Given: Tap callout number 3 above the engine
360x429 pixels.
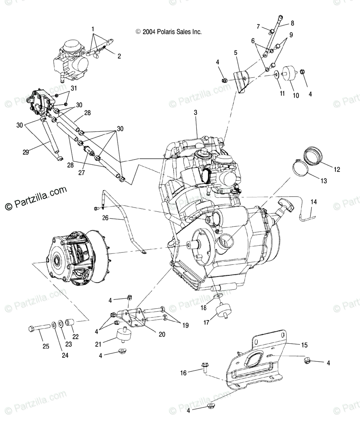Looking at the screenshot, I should coord(195,112).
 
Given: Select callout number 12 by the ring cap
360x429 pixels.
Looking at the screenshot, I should coord(337,169).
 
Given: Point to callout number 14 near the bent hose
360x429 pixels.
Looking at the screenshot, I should coord(313,202).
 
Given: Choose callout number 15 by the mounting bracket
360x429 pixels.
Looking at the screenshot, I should coord(304,345).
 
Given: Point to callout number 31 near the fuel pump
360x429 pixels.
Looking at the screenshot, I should coord(74,88).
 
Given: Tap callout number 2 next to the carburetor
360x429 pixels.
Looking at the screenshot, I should coord(119,56).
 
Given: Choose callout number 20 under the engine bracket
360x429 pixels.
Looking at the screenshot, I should coord(162,334).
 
